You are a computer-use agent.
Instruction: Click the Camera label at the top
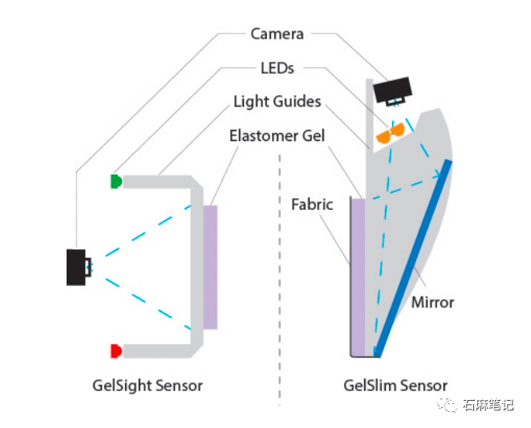click(x=277, y=34)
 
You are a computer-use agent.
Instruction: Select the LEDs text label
click(x=277, y=68)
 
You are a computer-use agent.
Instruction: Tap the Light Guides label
click(x=277, y=102)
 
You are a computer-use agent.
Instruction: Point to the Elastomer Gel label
click(x=277, y=135)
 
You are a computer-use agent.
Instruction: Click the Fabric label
click(x=312, y=204)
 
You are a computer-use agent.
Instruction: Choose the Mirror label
click(x=432, y=302)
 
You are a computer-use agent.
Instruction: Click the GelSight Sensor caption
click(x=148, y=386)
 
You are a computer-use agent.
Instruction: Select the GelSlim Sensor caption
click(x=395, y=386)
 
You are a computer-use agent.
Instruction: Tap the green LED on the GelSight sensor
click(x=116, y=181)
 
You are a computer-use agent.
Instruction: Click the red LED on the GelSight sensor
click(x=116, y=351)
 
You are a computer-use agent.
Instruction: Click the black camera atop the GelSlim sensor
click(x=393, y=91)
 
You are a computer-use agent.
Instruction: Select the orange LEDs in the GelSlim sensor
click(x=391, y=132)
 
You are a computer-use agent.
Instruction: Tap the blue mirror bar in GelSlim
click(x=412, y=259)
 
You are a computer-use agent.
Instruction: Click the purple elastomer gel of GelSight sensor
click(x=210, y=267)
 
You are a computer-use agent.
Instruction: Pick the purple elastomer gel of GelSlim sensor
click(x=358, y=277)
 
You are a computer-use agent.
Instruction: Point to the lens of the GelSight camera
click(x=87, y=267)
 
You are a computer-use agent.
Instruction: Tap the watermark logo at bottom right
click(x=446, y=404)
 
